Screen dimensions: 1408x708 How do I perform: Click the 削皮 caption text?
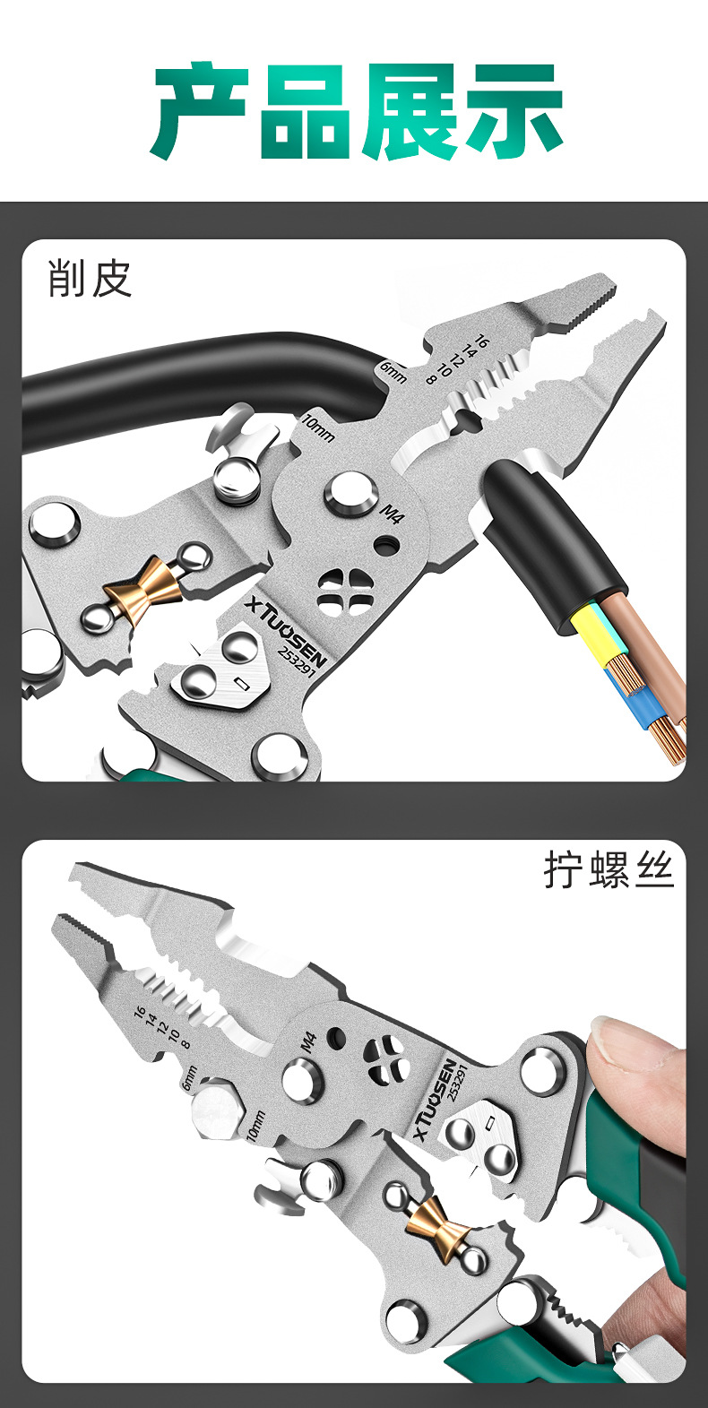[90, 279]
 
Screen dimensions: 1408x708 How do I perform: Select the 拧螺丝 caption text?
[608, 870]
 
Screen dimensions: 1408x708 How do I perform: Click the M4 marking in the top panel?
[393, 514]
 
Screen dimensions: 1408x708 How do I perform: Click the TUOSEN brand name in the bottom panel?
[436, 1101]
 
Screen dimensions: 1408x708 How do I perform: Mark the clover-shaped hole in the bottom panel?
[386, 1057]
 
